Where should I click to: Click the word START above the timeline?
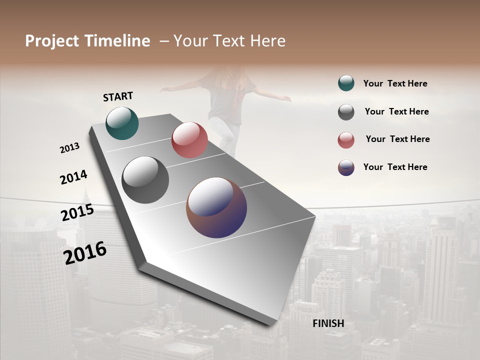coord(118,96)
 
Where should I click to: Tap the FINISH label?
coord(328,323)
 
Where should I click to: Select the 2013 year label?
coord(69,148)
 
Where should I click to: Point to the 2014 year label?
coord(73,177)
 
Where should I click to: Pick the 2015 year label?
coord(77,212)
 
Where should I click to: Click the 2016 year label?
coord(85,252)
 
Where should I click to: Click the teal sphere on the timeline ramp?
coord(122,123)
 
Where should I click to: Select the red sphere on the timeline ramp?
coord(189,140)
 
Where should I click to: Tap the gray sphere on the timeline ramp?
coord(145,180)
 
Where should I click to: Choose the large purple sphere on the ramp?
coord(216,207)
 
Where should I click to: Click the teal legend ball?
coord(346,83)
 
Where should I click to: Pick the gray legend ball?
coord(346,112)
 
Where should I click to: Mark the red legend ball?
coord(346,140)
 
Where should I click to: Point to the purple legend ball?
coord(346,167)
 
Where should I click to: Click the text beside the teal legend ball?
coord(395,83)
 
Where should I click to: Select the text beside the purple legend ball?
coord(395,167)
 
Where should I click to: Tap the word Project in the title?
coord(50,41)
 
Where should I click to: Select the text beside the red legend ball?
coord(397,139)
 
